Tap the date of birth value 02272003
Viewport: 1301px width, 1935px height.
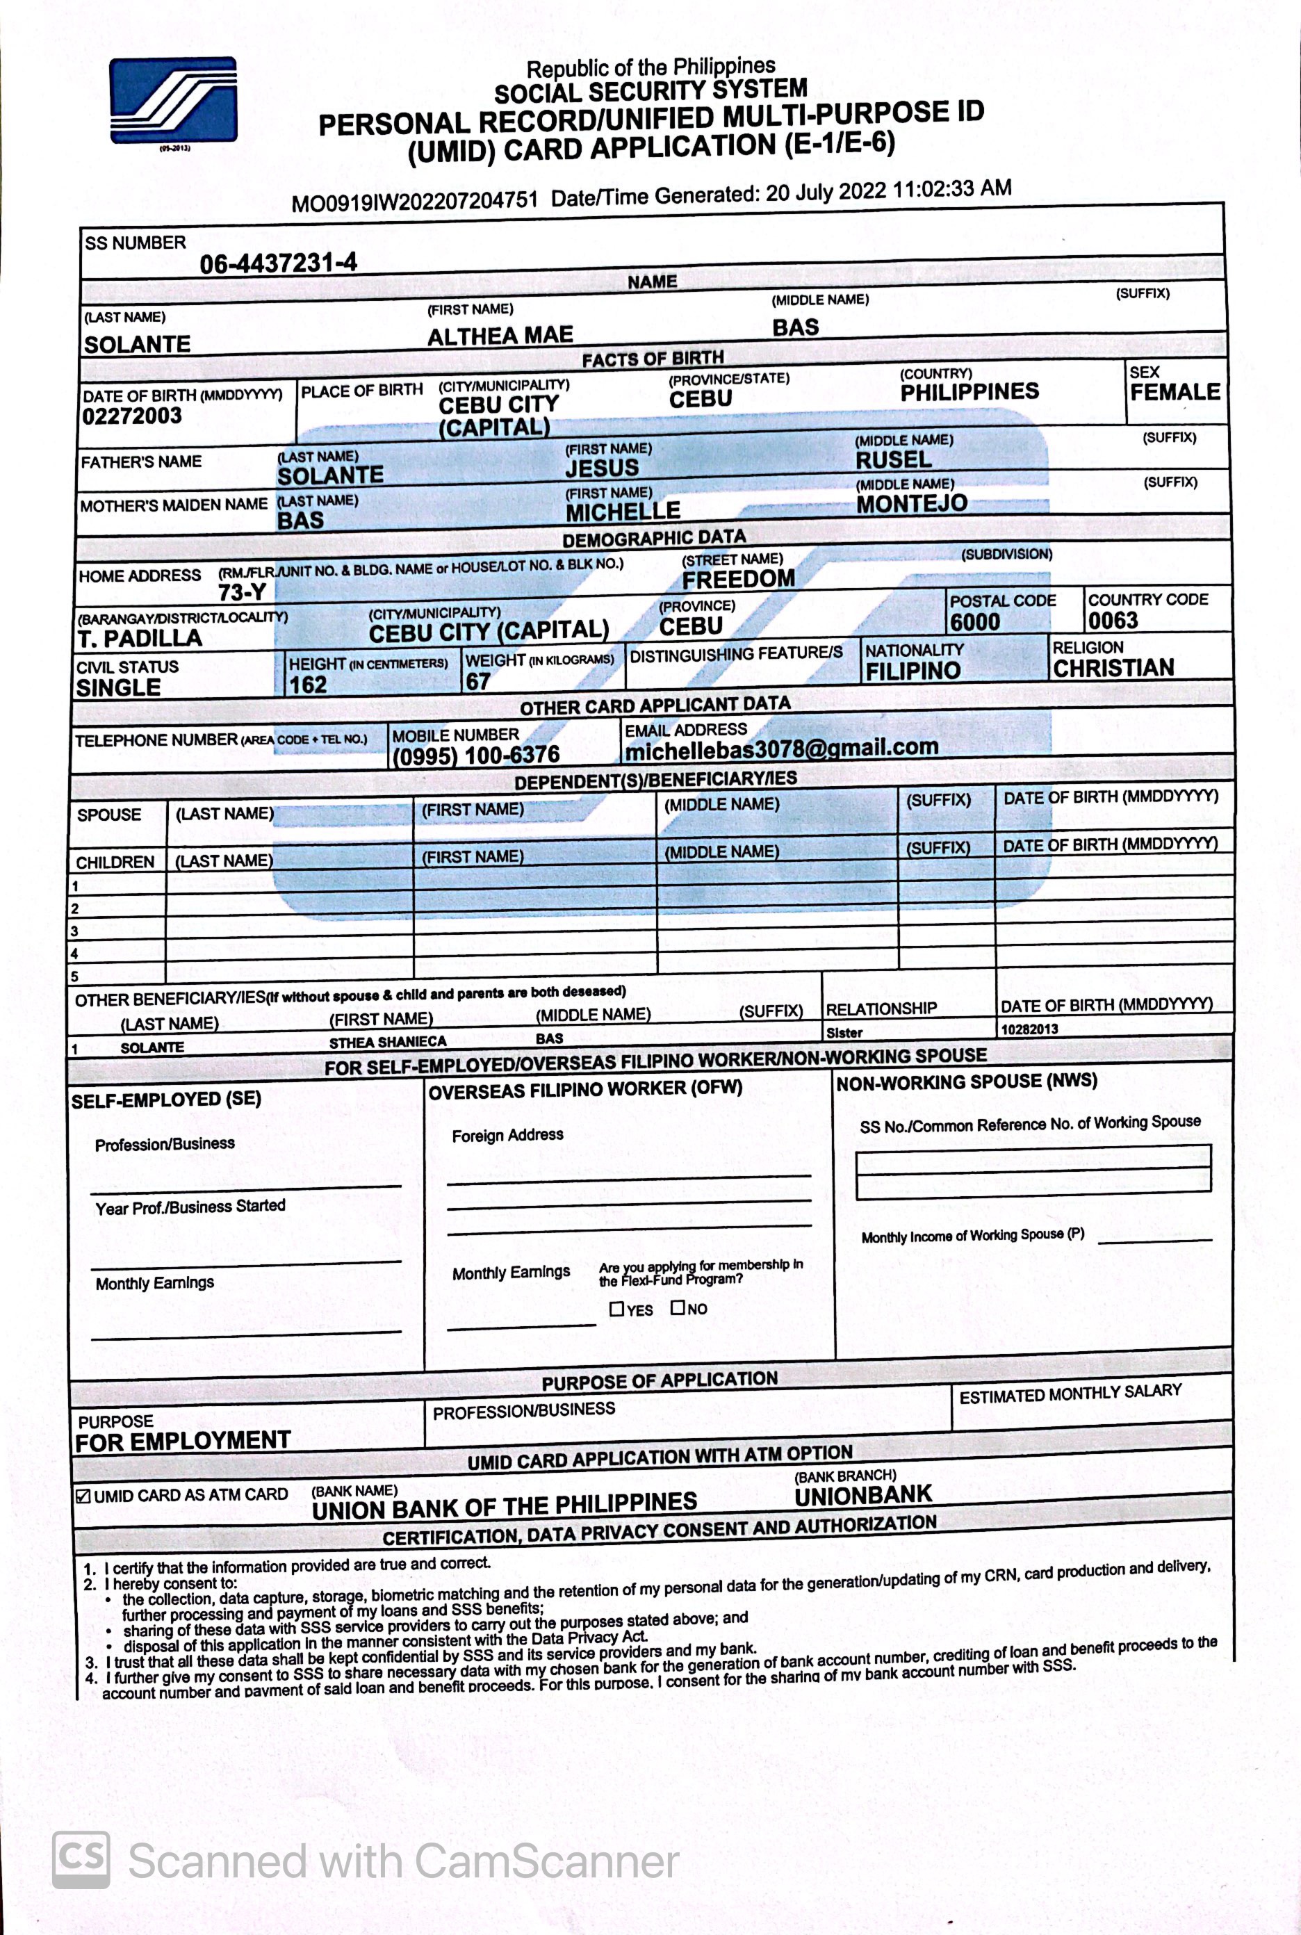tap(132, 416)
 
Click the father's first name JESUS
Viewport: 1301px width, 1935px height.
tap(603, 468)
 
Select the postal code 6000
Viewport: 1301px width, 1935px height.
tap(975, 622)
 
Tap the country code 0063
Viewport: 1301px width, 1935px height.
tap(1113, 621)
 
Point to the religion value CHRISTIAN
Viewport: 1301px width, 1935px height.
tap(1113, 668)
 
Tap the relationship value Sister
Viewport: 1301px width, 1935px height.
tap(844, 1033)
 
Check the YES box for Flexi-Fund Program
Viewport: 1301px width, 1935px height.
tap(616, 1309)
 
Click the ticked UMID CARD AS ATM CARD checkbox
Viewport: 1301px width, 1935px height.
tap(83, 1496)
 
